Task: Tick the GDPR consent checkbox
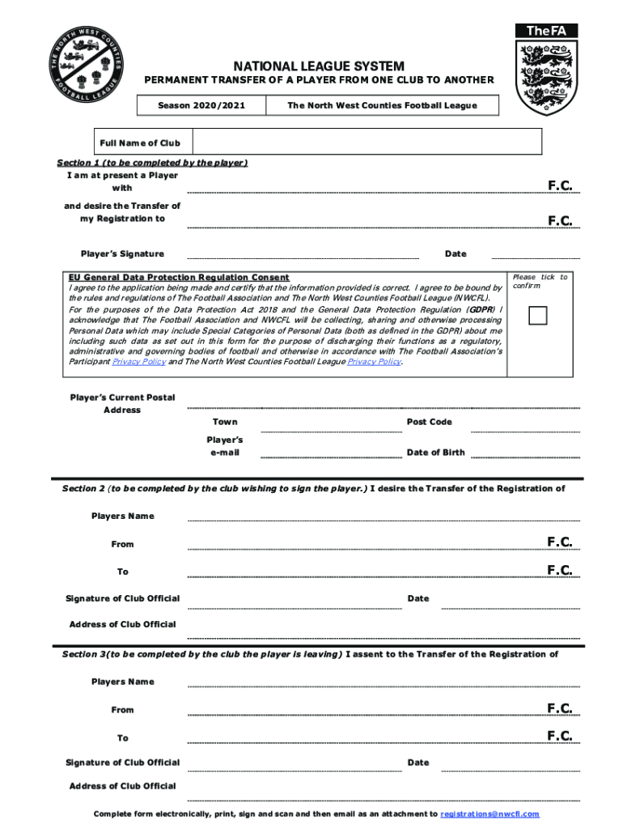click(x=538, y=315)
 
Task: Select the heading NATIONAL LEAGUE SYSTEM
click(x=319, y=66)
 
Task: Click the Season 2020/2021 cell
click(x=201, y=105)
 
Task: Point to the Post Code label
click(x=429, y=422)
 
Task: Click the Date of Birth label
click(x=435, y=453)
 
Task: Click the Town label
click(x=225, y=422)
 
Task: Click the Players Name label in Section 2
click(x=122, y=516)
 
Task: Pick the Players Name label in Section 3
click(x=122, y=682)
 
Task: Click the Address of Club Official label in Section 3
click(x=122, y=786)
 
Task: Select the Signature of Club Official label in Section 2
click(x=122, y=598)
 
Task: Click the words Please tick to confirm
click(x=540, y=281)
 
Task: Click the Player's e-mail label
click(x=224, y=446)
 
